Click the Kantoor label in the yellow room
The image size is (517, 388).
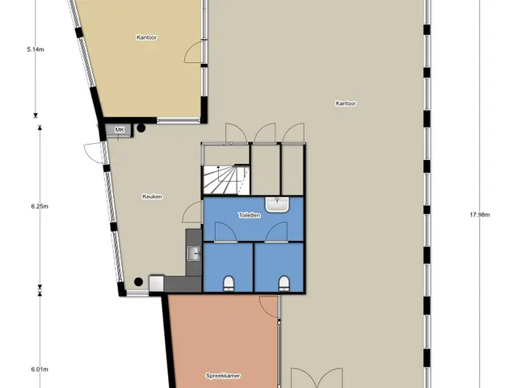[146, 37]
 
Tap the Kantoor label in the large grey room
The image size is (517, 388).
[347, 103]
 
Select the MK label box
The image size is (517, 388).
[119, 129]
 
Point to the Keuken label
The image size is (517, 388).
[153, 196]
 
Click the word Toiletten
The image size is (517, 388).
[250, 216]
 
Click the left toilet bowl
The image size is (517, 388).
[228, 282]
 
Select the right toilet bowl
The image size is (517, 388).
[284, 282]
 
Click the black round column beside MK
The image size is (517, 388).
[141, 127]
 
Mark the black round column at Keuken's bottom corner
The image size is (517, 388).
[139, 282]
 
